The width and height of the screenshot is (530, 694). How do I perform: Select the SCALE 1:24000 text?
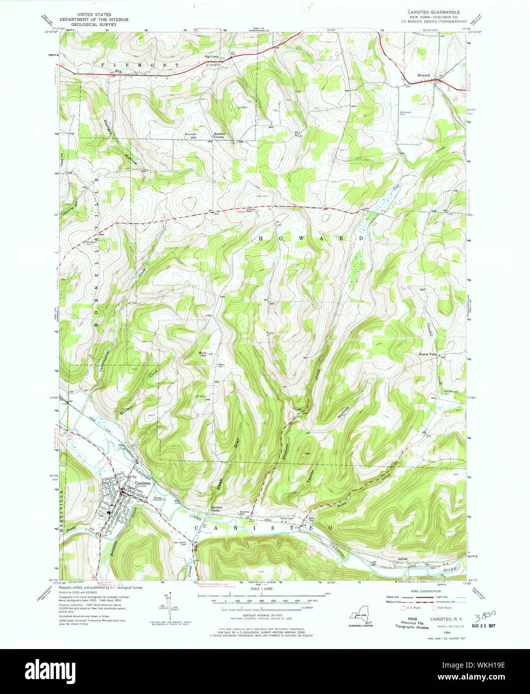(x=265, y=589)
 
